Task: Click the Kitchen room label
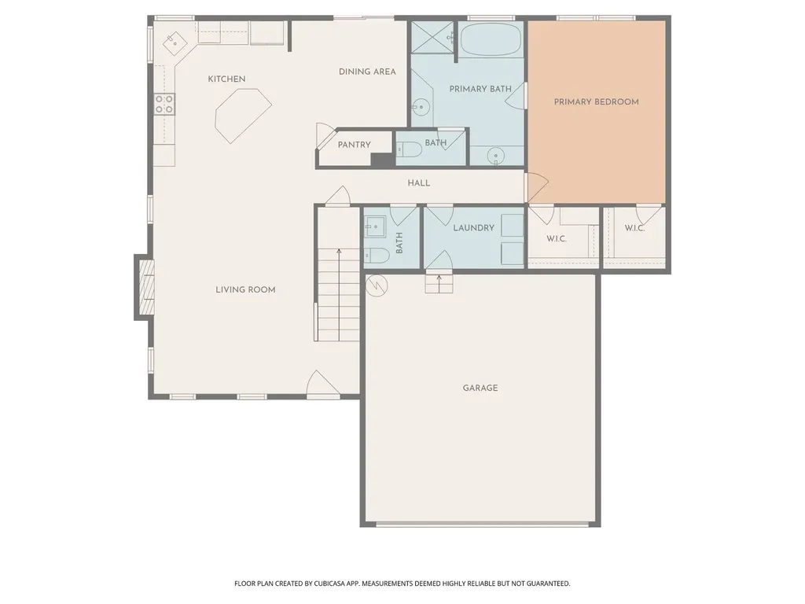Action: click(226, 79)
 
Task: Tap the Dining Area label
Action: click(367, 72)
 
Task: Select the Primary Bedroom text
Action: click(596, 101)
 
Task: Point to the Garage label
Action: click(480, 388)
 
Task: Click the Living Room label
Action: click(245, 289)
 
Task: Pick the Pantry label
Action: click(355, 145)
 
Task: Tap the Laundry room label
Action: click(473, 227)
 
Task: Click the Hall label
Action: click(419, 182)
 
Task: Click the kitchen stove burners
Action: click(164, 104)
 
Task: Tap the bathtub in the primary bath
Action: click(491, 39)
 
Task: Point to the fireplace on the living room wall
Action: click(145, 288)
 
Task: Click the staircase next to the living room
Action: click(338, 294)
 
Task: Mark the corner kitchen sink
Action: click(175, 41)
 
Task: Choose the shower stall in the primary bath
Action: click(433, 37)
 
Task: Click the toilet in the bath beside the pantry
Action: click(409, 149)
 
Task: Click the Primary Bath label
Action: click(480, 89)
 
